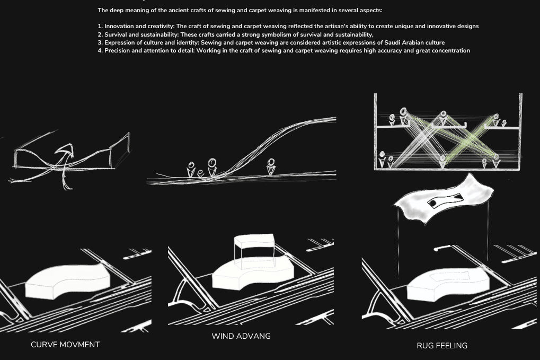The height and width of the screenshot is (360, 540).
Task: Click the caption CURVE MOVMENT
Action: (x=65, y=345)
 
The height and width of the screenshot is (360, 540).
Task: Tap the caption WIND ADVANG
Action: (x=241, y=336)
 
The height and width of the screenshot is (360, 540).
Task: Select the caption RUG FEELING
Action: (x=442, y=346)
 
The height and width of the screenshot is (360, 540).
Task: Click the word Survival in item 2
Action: (x=116, y=34)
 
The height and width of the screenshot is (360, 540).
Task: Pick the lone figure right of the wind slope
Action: (x=271, y=166)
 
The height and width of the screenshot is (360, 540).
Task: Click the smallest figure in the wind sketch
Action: (x=200, y=173)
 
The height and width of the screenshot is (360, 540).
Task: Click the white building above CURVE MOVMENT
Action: (x=67, y=282)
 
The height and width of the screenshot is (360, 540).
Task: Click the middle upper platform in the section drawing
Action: (x=449, y=127)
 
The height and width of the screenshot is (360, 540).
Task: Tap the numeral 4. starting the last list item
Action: (x=100, y=51)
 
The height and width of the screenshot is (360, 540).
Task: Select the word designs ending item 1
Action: (x=468, y=26)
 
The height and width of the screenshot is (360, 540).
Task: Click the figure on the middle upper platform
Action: (x=443, y=118)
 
